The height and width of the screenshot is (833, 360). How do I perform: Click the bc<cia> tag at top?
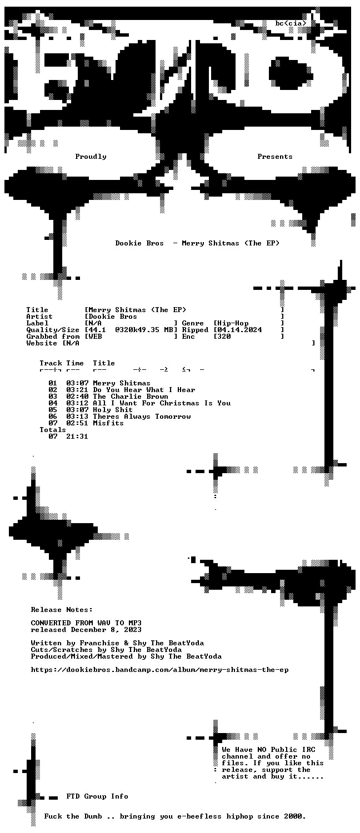pos(291,23)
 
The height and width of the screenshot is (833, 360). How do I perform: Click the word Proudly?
pos(91,157)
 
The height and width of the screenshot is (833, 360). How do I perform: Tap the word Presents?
pos(275,157)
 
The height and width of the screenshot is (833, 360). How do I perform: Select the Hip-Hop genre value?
pos(232,323)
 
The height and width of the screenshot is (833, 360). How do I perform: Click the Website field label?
pos(42,343)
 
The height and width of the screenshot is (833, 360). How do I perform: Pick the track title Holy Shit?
pos(113,410)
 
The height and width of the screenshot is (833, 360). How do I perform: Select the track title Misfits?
pos(108,423)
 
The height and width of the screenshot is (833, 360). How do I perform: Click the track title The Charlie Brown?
pos(131,397)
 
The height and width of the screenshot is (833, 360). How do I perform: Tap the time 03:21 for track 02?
pos(77,390)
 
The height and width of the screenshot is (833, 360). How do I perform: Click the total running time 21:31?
pos(77,436)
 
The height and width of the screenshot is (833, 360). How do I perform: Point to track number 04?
pos(53,403)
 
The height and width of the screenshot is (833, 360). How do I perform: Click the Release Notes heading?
pos(62,610)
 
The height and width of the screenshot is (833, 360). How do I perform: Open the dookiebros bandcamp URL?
pos(159,670)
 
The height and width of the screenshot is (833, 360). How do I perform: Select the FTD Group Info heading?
pos(97,796)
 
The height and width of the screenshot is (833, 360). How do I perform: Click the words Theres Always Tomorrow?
pos(142,416)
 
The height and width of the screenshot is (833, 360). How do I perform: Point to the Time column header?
pos(75,363)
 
